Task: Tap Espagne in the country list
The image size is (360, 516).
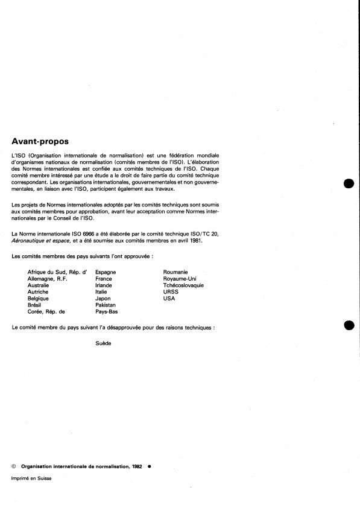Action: pyautogui.click(x=106, y=272)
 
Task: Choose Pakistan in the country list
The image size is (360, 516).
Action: pyautogui.click(x=106, y=305)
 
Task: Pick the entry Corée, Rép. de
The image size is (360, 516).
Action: pyautogui.click(x=46, y=312)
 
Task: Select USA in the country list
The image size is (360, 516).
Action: pyautogui.click(x=169, y=299)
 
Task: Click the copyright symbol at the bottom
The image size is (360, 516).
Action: pyautogui.click(x=14, y=466)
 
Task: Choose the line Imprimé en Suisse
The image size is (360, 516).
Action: pyautogui.click(x=31, y=477)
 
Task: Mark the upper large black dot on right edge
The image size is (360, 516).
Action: pyautogui.click(x=347, y=183)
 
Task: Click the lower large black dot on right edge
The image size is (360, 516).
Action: pyautogui.click(x=347, y=325)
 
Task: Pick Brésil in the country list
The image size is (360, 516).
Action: pyautogui.click(x=36, y=305)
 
